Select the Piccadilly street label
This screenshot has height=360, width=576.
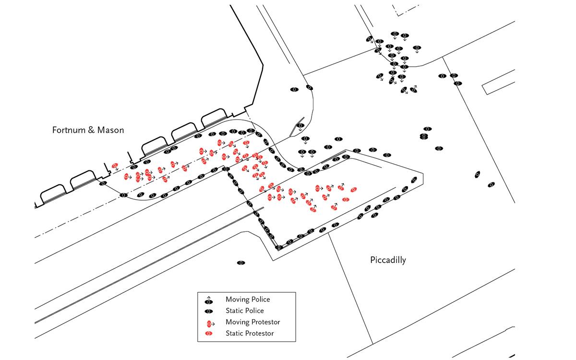388,260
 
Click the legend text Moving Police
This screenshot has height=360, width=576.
248,300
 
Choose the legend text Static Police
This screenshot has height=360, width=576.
244,311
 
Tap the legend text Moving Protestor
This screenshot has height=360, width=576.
252,322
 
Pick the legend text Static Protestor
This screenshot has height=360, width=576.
249,334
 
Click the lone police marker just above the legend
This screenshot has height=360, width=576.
241,263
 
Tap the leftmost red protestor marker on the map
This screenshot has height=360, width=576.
115,166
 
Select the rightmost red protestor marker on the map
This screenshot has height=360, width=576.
354,190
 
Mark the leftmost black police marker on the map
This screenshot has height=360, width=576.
103,183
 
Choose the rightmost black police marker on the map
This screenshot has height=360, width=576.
491,185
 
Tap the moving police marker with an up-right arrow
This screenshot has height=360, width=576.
413,89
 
